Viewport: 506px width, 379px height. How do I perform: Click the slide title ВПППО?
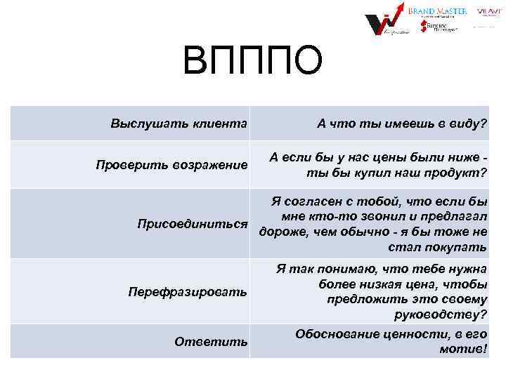[x=252, y=61]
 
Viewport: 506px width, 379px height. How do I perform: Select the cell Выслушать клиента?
[x=179, y=124]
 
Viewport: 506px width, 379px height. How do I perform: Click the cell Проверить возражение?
[x=171, y=166]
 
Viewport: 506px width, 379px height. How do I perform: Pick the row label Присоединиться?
[x=192, y=225]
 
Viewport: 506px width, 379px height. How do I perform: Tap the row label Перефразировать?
[x=187, y=291]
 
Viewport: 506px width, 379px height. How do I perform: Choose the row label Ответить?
[x=211, y=341]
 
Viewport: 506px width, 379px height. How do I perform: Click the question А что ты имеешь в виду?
[x=401, y=124]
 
